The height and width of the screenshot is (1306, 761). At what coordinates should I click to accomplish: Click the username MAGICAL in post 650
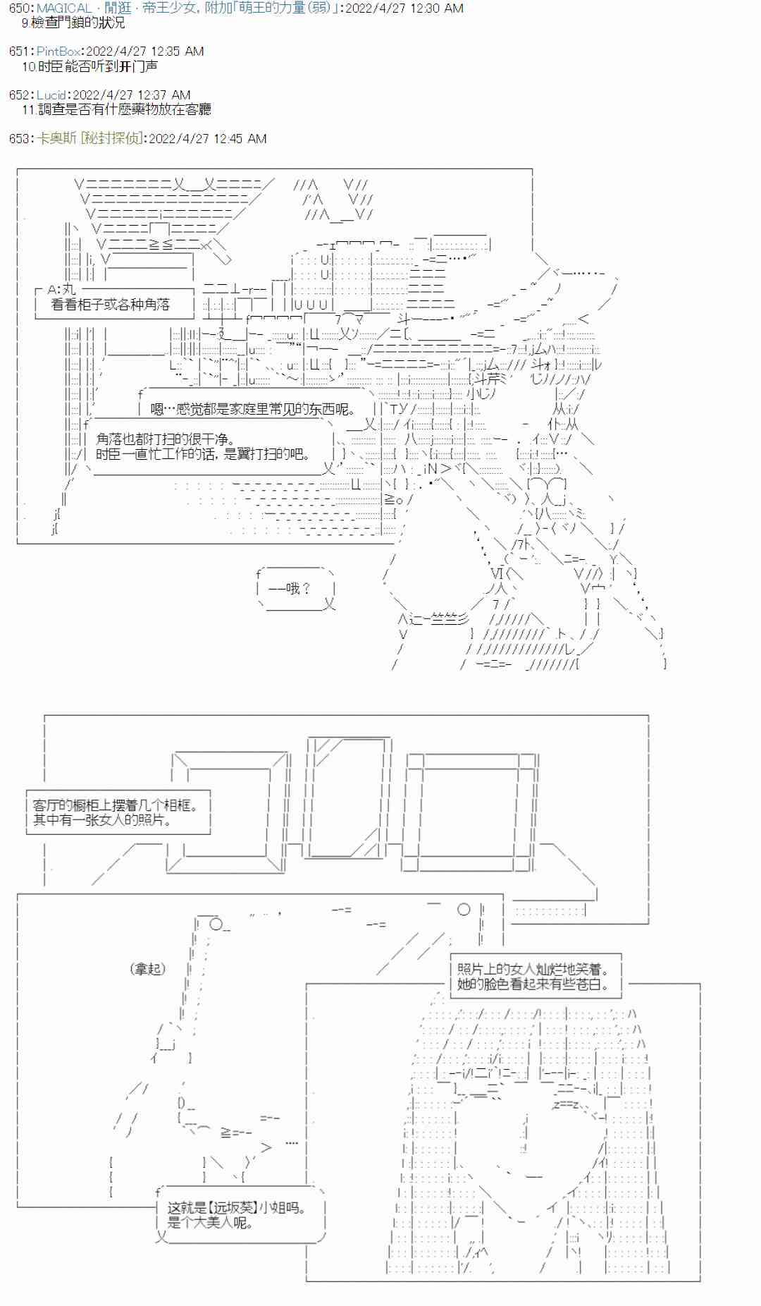[64, 8]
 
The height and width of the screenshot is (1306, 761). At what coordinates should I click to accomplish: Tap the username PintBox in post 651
[58, 51]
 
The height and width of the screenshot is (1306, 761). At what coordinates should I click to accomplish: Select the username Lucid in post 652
[51, 95]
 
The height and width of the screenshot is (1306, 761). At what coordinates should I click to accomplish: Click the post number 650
[19, 8]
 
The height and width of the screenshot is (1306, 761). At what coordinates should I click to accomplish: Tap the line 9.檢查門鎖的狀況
[73, 23]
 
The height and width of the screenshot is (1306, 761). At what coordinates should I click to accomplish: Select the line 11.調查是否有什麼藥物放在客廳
[116, 109]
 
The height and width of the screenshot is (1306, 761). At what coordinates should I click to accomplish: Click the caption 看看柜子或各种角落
[111, 305]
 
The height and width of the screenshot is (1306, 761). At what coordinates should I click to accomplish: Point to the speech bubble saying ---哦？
[290, 588]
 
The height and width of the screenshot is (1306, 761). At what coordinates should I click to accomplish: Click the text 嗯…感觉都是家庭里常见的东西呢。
[254, 409]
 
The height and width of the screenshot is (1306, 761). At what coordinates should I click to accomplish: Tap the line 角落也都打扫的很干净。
[166, 439]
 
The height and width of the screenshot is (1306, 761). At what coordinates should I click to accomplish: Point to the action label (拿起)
[148, 969]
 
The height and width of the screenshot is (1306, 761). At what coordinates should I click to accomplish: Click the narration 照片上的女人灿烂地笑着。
[533, 970]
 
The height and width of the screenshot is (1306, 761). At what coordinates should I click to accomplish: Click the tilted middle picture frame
[349, 797]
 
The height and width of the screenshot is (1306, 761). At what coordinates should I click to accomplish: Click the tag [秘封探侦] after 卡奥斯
[111, 139]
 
